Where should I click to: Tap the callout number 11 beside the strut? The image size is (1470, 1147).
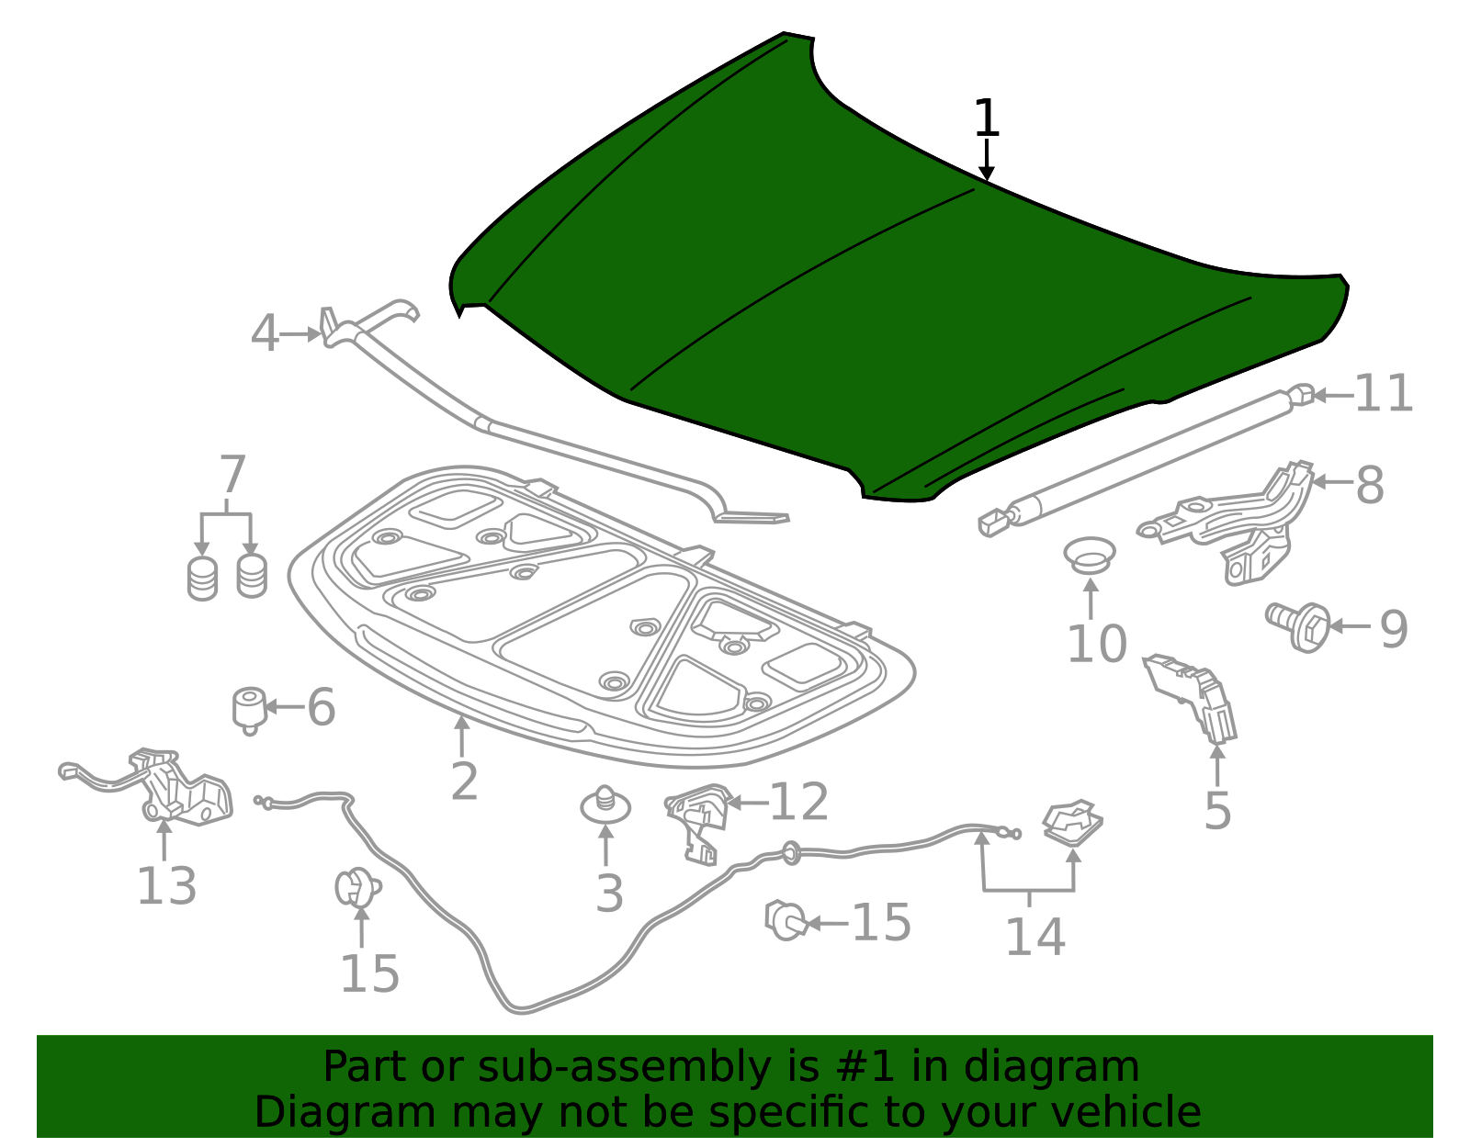(x=1384, y=393)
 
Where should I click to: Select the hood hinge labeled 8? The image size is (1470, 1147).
(x=1227, y=523)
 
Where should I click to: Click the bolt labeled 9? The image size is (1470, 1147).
(x=1297, y=627)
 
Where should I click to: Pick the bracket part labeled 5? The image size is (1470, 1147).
(x=1190, y=699)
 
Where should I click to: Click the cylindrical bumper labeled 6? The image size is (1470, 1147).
(x=250, y=711)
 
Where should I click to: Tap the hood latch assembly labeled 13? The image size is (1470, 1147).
(x=155, y=788)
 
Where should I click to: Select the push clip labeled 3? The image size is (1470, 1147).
(x=605, y=805)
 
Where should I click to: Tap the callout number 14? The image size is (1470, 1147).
(x=1035, y=937)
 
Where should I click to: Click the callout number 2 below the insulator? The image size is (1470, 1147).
(x=464, y=782)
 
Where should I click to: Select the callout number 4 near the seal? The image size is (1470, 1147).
(x=265, y=333)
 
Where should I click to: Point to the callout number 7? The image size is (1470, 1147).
(x=232, y=475)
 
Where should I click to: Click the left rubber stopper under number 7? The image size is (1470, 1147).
(x=202, y=579)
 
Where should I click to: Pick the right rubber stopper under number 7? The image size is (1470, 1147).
(x=252, y=576)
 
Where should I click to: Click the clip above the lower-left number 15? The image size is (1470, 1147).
(x=357, y=887)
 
